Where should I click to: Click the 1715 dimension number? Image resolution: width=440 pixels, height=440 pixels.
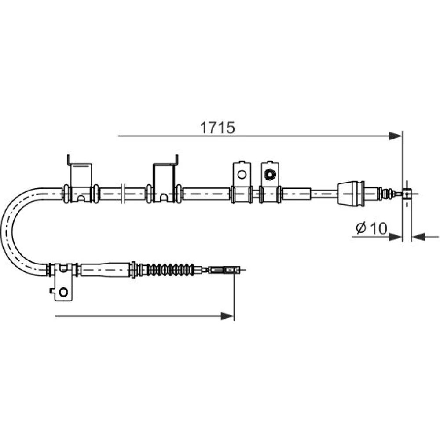tap(217, 128)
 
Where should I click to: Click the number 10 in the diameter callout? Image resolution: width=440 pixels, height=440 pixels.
tap(378, 228)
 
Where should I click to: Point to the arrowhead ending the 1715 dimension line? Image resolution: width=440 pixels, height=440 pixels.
tap(396, 136)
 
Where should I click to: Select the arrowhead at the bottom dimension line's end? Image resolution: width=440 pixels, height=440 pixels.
tap(227, 316)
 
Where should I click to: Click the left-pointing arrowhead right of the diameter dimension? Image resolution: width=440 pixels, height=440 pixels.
tap(418, 237)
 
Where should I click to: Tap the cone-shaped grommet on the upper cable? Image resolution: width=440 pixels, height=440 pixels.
tap(351, 194)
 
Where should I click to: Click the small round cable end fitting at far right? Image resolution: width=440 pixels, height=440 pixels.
tap(407, 194)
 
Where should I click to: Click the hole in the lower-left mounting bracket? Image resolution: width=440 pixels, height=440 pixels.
tap(63, 292)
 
